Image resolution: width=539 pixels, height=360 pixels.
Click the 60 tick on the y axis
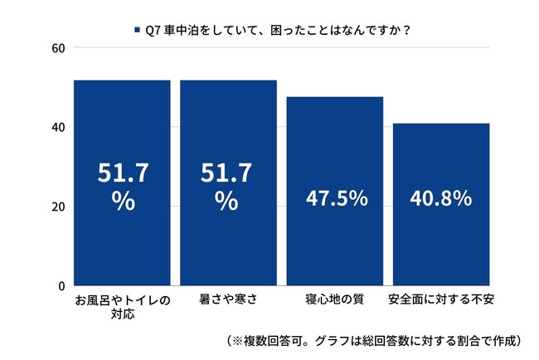point(59,48)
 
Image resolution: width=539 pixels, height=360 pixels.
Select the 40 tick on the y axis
point(59,128)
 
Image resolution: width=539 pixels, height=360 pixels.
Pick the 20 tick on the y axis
point(59,207)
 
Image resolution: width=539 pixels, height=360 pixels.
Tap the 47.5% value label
point(335,199)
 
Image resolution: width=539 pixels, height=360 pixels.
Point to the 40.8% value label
point(441,199)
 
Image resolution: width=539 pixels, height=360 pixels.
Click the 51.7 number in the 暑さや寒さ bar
point(229,174)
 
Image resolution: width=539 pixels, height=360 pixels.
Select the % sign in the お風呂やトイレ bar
point(123,202)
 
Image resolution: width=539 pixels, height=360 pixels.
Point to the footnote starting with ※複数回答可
point(373,341)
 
